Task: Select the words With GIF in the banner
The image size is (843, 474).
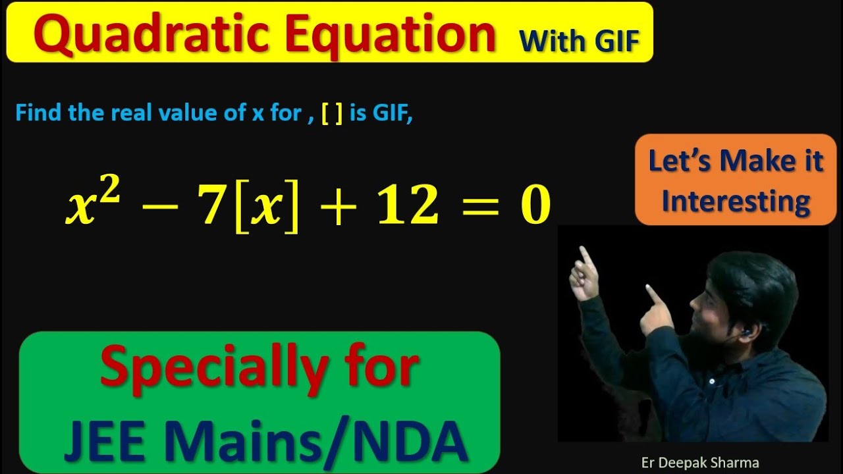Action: point(580,41)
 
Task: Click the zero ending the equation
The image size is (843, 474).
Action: point(535,205)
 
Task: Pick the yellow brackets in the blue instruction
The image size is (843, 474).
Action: point(332,113)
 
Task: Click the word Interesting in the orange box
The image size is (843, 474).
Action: point(736,201)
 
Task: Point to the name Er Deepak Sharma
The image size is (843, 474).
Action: point(699,462)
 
